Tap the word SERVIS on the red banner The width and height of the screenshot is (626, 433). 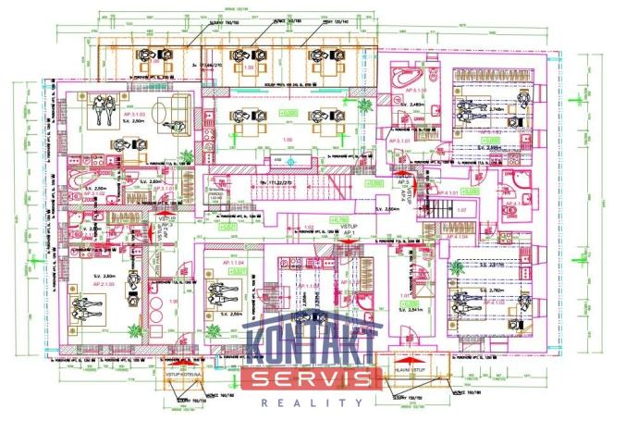click(312, 378)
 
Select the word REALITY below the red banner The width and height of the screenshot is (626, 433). click(312, 402)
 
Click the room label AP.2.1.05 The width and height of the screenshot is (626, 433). click(103, 285)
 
